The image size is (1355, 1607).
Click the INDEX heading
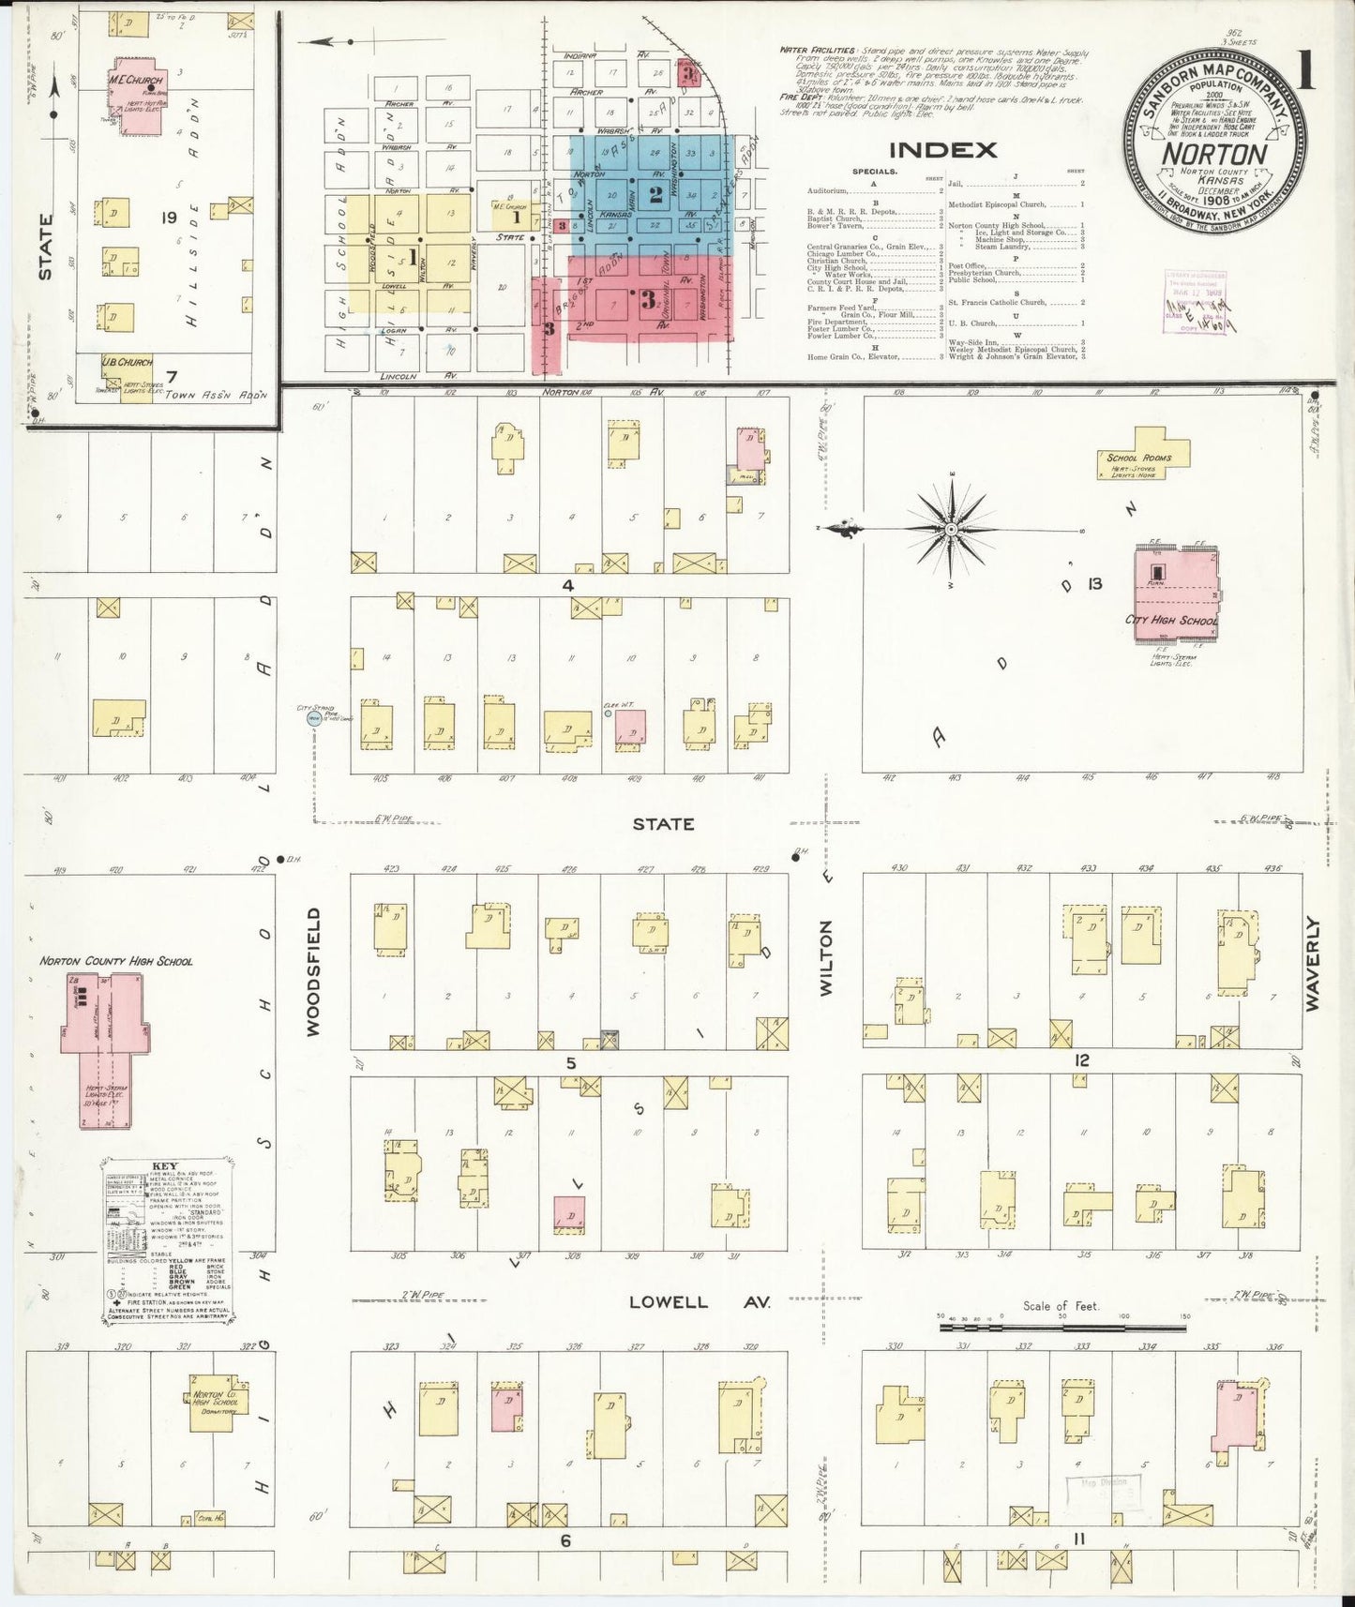click(942, 149)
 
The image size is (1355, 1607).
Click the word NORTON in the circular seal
click(1215, 153)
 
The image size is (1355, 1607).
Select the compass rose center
click(952, 530)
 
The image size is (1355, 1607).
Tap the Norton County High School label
click(116, 961)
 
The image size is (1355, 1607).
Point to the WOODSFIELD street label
click(313, 970)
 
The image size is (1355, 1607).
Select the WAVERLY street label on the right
click(1312, 963)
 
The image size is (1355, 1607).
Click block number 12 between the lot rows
click(1081, 1060)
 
